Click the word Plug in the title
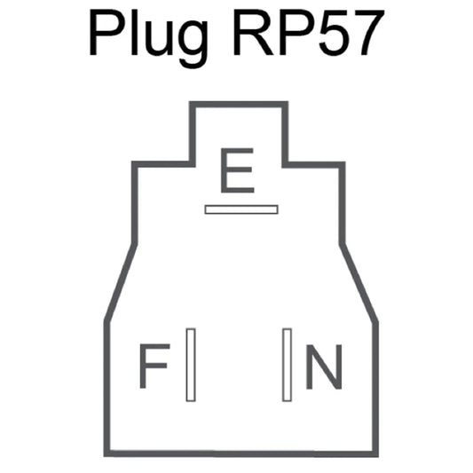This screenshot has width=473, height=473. pos(149,38)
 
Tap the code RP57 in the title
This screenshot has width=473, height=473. pos(309,33)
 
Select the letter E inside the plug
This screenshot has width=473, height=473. pos(238,170)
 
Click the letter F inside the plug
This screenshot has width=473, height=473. pos(154,366)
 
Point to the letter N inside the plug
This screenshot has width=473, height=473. pos(324,367)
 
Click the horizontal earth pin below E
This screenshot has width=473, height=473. pos(241,209)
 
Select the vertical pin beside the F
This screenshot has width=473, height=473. pos(191,365)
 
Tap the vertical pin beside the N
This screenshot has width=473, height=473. pos(287,365)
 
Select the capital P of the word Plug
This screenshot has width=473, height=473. pos(106,33)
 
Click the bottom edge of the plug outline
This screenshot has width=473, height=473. pos(241,453)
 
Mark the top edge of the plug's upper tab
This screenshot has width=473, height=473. pos(239,105)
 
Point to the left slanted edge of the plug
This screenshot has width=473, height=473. pos(121,282)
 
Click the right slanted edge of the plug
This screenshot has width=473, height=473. pos(359,284)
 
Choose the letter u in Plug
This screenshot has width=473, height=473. pos(157,39)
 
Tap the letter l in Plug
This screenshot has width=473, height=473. pos(134,33)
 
